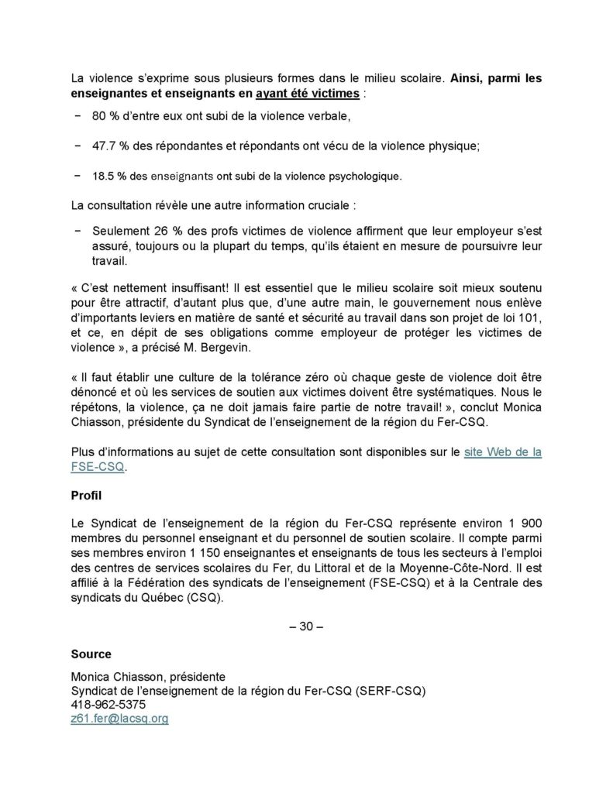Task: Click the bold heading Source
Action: (x=91, y=654)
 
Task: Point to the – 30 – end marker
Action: (x=305, y=627)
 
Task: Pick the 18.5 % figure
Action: (x=110, y=176)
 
